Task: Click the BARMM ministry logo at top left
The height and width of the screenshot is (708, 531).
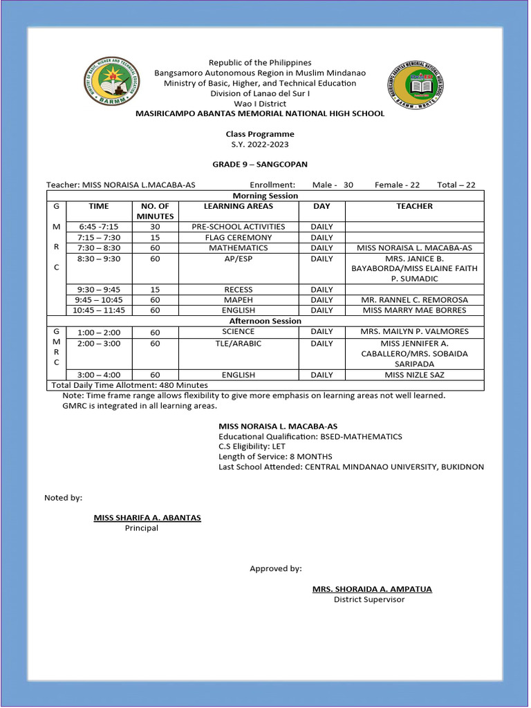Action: click(111, 82)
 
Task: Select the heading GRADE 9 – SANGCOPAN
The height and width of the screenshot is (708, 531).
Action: click(259, 165)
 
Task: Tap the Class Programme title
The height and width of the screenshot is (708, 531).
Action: click(259, 134)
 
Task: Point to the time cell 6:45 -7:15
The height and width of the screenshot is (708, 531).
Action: click(98, 227)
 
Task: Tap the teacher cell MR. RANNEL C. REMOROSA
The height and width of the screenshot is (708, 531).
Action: click(414, 300)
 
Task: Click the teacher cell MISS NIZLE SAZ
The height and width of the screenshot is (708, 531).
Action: click(414, 375)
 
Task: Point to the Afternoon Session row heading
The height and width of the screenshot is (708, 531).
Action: click(265, 321)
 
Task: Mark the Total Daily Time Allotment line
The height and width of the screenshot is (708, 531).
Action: click(129, 385)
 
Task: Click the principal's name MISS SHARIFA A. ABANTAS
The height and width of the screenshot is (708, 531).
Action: click(147, 517)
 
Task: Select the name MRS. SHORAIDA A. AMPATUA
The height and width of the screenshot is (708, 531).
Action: click(372, 589)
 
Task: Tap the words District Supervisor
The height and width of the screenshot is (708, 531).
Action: click(369, 599)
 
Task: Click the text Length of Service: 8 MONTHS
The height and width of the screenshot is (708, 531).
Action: click(275, 456)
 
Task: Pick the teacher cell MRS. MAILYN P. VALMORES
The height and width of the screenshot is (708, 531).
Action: click(414, 332)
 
